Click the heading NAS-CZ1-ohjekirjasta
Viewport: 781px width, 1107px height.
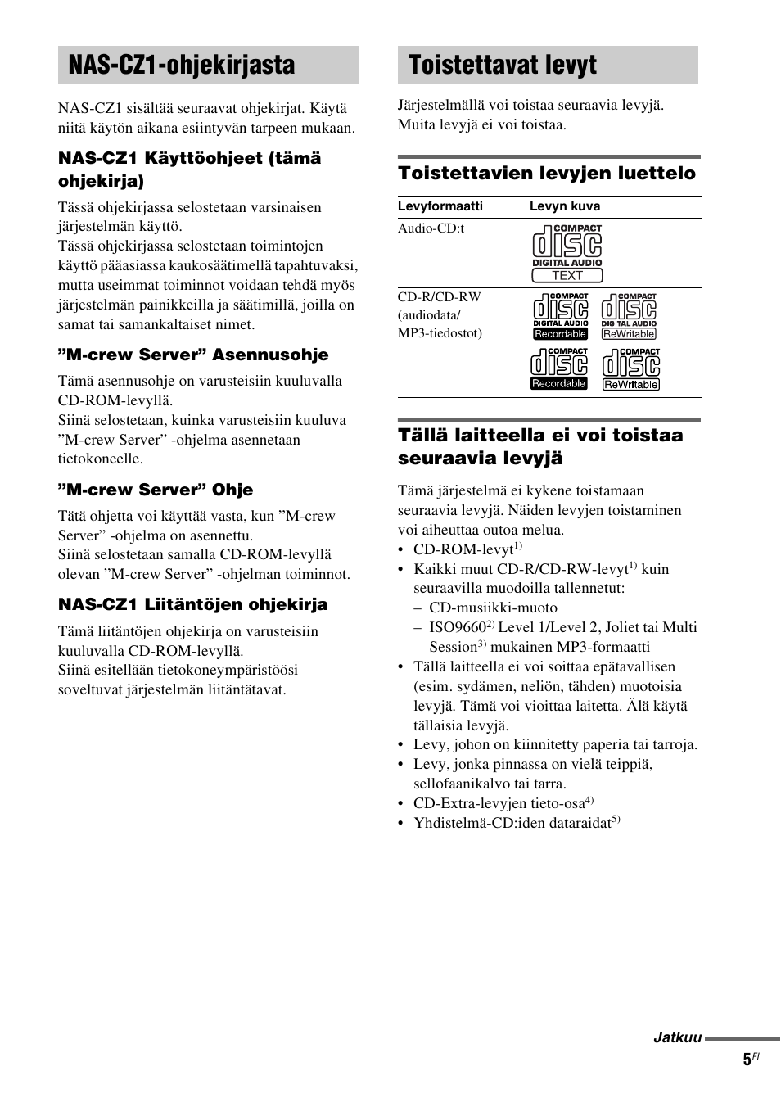182,66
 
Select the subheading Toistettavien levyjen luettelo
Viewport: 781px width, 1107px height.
546,174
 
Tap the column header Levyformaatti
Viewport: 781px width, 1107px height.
440,206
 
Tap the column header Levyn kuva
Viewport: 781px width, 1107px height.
564,206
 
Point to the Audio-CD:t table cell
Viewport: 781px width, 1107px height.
431,228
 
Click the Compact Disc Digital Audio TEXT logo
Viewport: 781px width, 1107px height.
567,253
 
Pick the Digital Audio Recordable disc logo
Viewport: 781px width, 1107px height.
561,317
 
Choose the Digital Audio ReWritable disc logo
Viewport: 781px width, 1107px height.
629,317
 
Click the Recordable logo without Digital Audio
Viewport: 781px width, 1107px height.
559,368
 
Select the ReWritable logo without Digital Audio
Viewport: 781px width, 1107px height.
630,368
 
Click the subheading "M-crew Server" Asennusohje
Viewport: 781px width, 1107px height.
193,355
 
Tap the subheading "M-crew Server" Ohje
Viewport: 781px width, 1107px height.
156,490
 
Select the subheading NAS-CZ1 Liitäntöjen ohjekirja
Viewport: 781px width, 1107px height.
192,604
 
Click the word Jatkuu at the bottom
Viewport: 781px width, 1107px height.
677,1037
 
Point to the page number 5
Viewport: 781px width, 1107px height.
747,1060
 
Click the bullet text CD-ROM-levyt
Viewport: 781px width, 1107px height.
463,549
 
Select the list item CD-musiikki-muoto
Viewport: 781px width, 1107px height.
493,608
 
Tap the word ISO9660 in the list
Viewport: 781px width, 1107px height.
457,627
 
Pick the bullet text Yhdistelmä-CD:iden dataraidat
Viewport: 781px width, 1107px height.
512,823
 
